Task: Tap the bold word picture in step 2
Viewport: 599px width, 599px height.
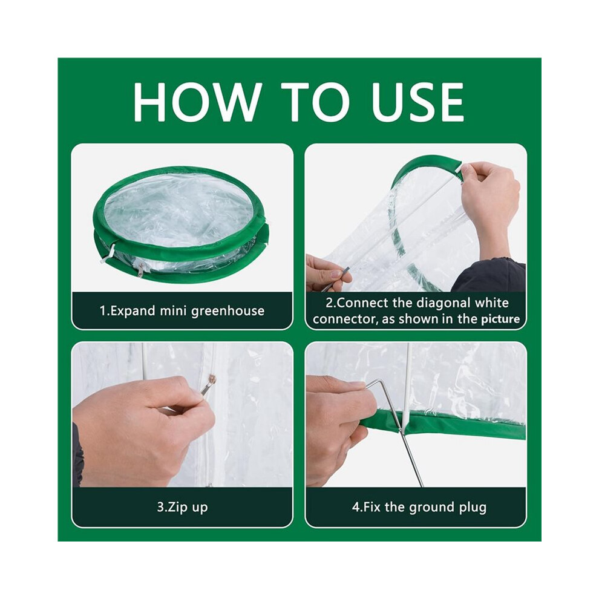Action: point(500,319)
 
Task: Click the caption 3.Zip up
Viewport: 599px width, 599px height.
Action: point(182,507)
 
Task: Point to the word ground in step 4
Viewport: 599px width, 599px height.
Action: point(433,507)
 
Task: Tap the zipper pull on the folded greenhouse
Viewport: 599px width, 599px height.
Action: point(141,270)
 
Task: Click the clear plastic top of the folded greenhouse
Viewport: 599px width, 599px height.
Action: point(180,210)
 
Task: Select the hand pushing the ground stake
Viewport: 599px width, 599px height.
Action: point(340,428)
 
